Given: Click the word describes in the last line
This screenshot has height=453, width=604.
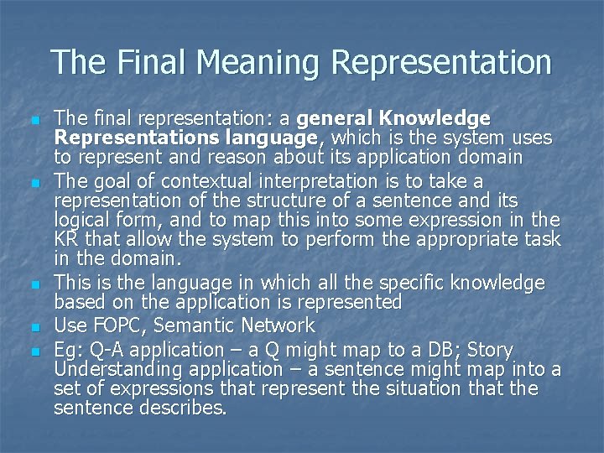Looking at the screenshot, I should (x=181, y=409).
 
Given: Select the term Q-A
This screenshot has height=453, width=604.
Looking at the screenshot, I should (x=112, y=348).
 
